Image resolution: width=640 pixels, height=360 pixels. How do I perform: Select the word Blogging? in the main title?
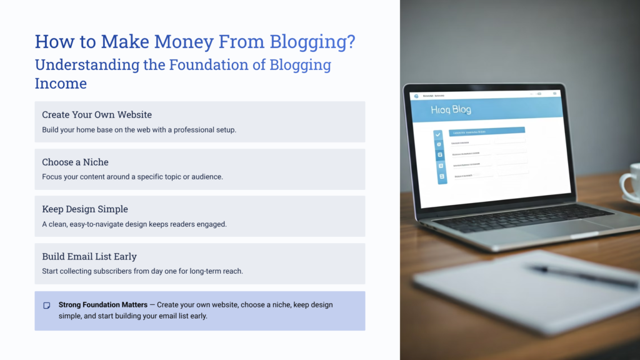click(312, 41)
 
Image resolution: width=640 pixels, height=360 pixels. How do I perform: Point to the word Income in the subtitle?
click(61, 83)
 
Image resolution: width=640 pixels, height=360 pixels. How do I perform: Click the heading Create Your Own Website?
click(97, 115)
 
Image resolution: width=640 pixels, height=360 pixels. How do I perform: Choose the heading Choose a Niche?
click(75, 162)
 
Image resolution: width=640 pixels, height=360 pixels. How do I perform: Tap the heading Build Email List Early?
click(89, 256)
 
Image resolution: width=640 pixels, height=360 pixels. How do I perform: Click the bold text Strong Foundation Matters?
click(103, 305)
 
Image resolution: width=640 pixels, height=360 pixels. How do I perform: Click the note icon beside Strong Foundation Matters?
click(47, 306)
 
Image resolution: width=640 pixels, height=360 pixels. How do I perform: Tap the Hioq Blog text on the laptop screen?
click(451, 110)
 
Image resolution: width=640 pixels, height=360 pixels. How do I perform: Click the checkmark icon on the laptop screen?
click(438, 134)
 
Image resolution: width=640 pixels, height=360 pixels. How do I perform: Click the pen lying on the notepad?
click(581, 274)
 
